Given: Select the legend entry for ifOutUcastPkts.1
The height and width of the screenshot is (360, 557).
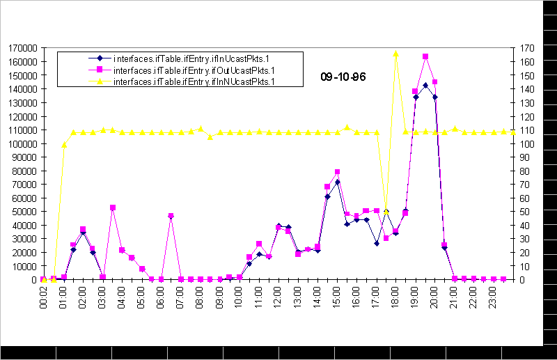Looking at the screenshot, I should coord(194,70).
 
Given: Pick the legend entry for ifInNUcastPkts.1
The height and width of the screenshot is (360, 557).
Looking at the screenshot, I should coord(194,81).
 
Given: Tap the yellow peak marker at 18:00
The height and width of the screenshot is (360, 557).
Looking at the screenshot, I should coord(395,54).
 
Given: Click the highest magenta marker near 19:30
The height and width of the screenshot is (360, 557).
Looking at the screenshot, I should coord(425,56).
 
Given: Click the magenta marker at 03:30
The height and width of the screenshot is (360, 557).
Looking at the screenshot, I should coord(112,208).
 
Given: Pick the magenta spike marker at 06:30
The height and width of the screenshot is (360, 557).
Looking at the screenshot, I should coord(171,216).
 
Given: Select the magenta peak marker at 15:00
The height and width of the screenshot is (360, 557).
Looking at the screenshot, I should coord(337,171).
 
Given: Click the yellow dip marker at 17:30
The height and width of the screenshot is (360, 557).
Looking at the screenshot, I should coord(386,211).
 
